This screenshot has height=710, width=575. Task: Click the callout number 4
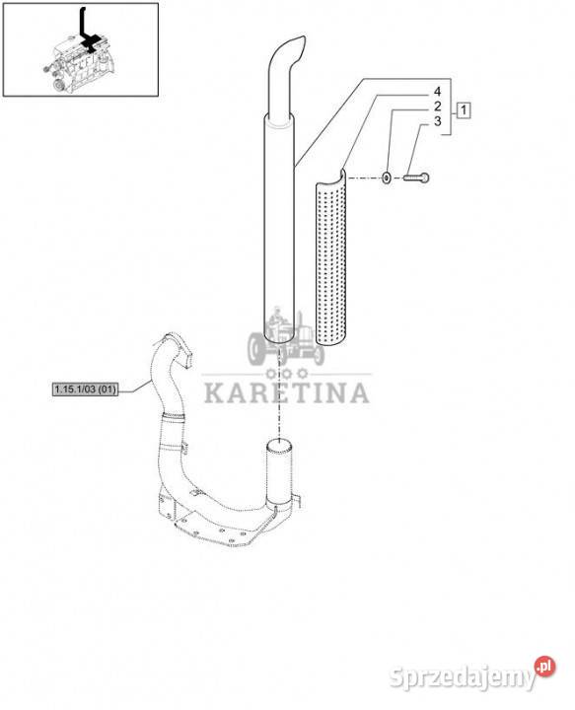coord(437,92)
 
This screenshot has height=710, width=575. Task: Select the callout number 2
coord(437,106)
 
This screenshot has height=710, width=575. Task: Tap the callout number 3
coord(437,121)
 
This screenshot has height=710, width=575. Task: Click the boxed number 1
coord(464,110)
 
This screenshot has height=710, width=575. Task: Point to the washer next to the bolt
coord(387,177)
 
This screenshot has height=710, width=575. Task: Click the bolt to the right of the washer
coord(416,177)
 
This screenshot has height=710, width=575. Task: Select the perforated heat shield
coord(331,258)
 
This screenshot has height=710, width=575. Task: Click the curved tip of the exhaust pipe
coord(290,50)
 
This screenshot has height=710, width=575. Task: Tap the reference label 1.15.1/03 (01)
coord(85,389)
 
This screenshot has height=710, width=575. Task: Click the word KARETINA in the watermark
coord(287,393)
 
